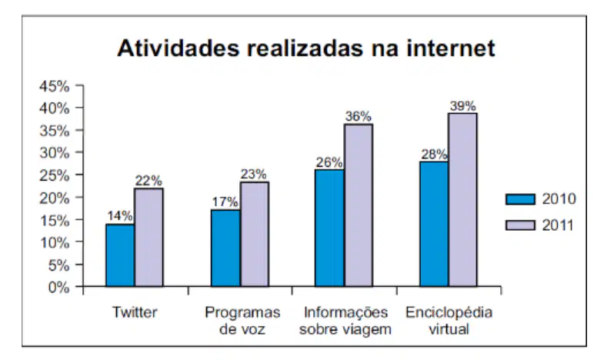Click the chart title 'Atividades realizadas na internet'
click(x=306, y=48)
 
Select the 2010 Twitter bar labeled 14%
click(x=120, y=255)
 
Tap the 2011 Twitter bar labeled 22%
click(x=148, y=237)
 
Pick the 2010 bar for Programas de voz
click(x=225, y=248)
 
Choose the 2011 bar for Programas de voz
click(x=255, y=234)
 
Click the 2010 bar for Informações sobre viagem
click(x=330, y=228)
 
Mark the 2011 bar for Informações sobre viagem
click(x=359, y=205)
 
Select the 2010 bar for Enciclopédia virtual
click(x=435, y=224)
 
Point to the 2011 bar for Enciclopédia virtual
click(x=462, y=200)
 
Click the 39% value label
click(x=462, y=106)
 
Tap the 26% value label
click(x=329, y=162)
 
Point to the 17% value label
click(x=225, y=202)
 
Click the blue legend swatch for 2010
click(x=520, y=199)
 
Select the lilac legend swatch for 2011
click(x=520, y=225)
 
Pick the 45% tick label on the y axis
click(x=55, y=86)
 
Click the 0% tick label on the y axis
click(x=59, y=287)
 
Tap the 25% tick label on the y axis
click(x=55, y=175)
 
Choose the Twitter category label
click(x=135, y=312)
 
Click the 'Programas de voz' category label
click(x=242, y=321)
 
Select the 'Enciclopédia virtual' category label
click(x=449, y=320)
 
